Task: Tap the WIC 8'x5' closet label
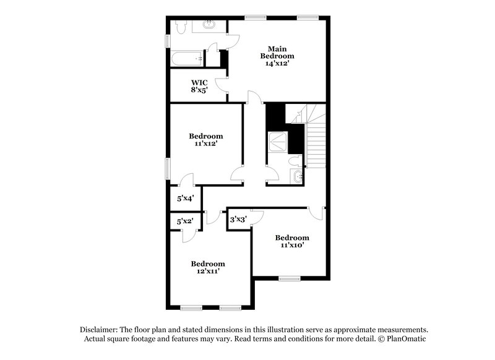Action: (x=199, y=86)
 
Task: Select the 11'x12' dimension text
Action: (x=205, y=144)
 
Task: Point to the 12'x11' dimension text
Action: (x=207, y=271)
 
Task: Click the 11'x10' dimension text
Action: (x=292, y=245)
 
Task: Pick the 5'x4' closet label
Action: (x=185, y=199)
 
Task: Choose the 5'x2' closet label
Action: (x=185, y=221)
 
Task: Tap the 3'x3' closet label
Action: (x=238, y=219)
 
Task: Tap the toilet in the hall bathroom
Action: (x=296, y=161)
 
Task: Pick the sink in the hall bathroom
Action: (x=298, y=178)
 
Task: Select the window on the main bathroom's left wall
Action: (x=167, y=40)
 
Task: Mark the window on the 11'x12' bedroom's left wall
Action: (x=167, y=168)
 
